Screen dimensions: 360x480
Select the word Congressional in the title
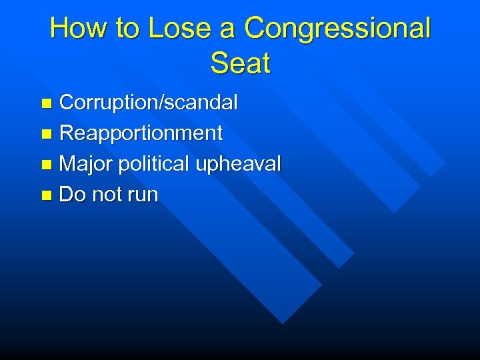pyautogui.click(x=338, y=29)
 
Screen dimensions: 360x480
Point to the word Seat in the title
pyautogui.click(x=240, y=63)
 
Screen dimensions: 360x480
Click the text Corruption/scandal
pyautogui.click(x=149, y=103)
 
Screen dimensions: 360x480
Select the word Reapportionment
pyautogui.click(x=141, y=133)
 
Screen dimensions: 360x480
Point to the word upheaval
pyautogui.click(x=239, y=164)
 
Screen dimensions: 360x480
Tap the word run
pyautogui.click(x=141, y=195)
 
